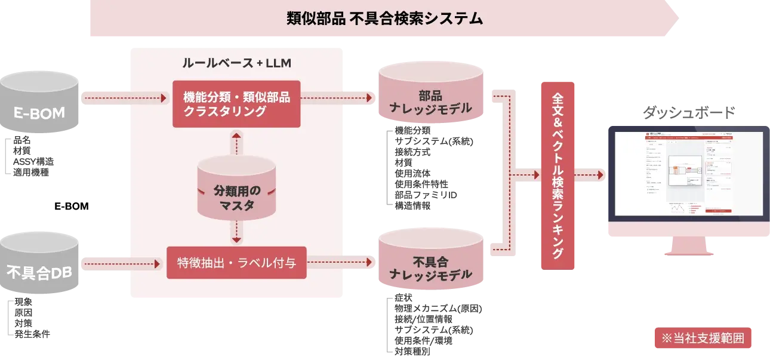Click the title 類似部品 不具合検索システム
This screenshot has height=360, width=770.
point(384,19)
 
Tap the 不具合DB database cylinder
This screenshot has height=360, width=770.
point(40,272)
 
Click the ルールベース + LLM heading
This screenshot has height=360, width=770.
point(236,62)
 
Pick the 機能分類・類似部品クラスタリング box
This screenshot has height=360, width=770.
point(236,104)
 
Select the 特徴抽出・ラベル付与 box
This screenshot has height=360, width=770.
point(236,263)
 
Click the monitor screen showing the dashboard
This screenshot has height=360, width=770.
point(688,173)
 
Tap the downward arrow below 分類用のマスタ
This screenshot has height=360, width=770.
point(237,230)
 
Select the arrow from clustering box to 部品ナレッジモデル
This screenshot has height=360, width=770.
point(338,97)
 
